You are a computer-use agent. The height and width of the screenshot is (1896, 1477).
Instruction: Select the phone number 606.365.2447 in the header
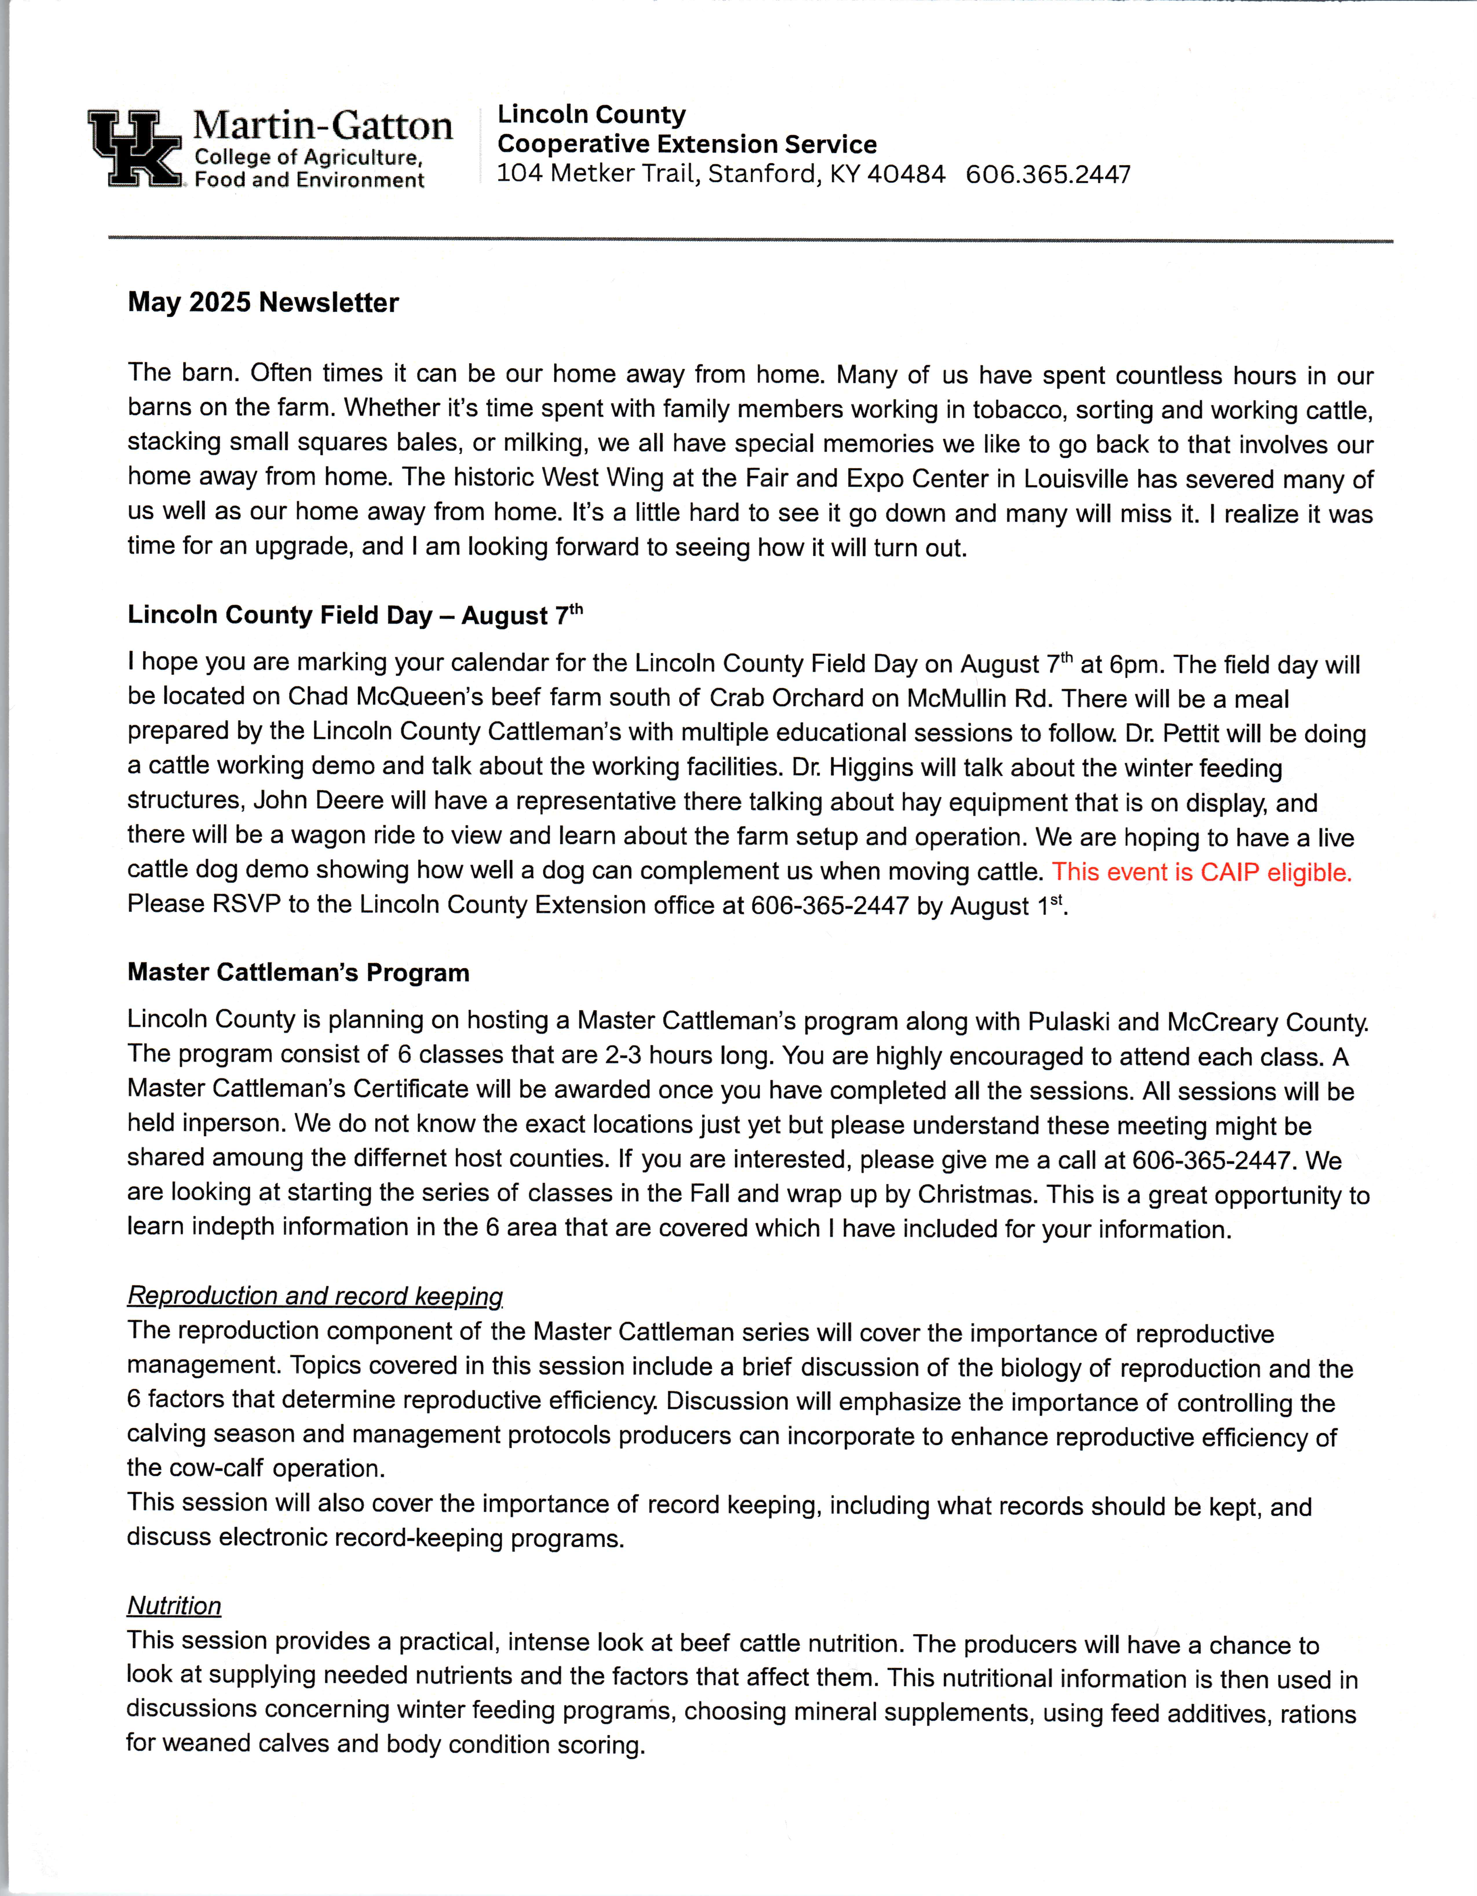pyautogui.click(x=1048, y=175)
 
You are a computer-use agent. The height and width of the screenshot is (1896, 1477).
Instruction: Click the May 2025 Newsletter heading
pyautogui.click(x=263, y=303)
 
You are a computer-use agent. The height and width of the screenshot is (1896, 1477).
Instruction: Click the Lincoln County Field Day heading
pyautogui.click(x=354, y=615)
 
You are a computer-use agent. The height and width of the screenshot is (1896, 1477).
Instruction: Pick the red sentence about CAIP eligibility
pyautogui.click(x=1202, y=872)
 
